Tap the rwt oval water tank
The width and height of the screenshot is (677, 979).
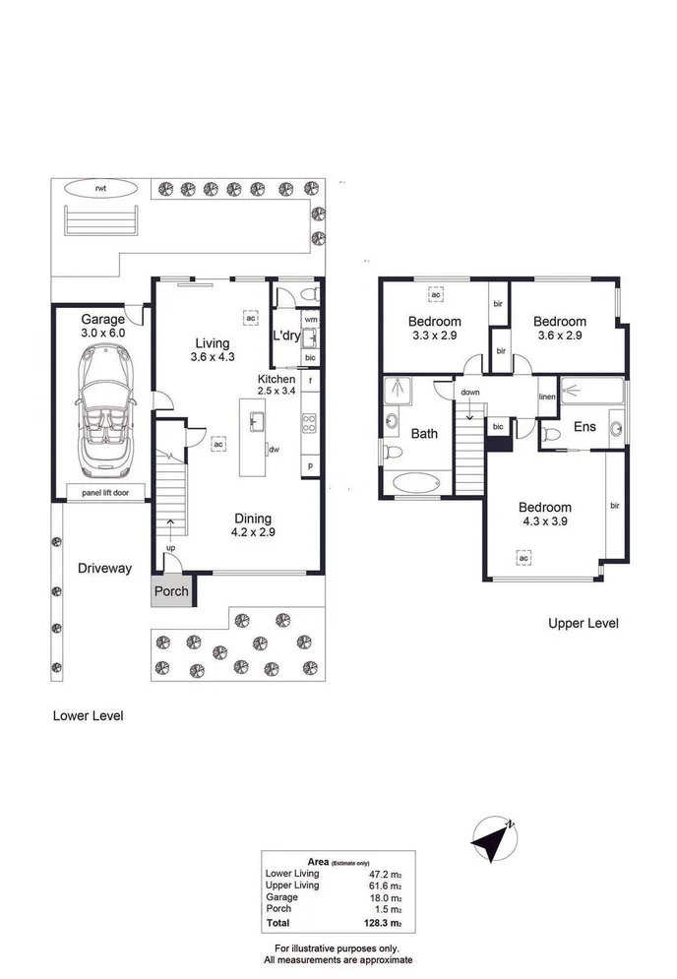(x=99, y=187)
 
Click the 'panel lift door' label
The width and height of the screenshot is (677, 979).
(x=101, y=491)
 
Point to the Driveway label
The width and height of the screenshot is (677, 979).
(x=105, y=568)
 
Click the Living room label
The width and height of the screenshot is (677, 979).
(x=212, y=342)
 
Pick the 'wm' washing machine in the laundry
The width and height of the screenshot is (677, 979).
(x=310, y=319)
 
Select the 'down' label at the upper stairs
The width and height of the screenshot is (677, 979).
(x=469, y=392)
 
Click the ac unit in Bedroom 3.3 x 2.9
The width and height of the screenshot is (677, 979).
(x=435, y=293)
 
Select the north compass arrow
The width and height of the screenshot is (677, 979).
(x=492, y=837)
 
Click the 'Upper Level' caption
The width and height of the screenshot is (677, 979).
(x=583, y=623)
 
